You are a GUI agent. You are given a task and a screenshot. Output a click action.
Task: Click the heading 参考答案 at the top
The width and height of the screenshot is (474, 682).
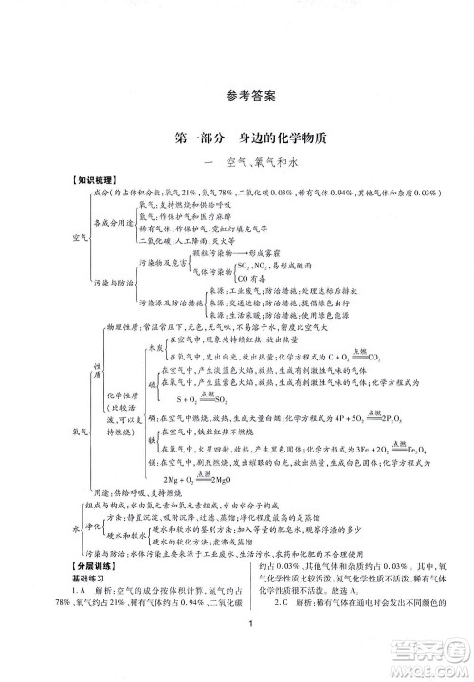(x=237, y=96)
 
